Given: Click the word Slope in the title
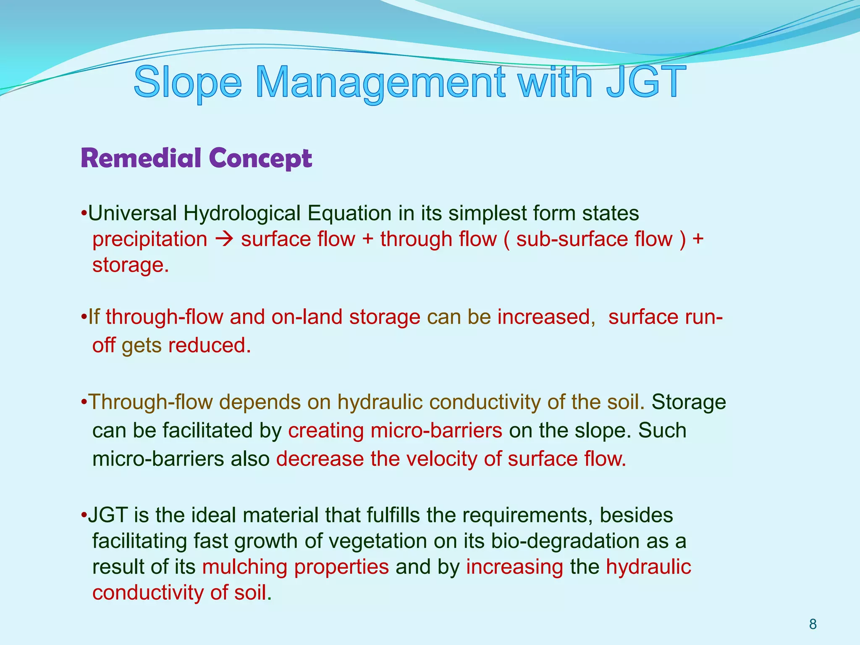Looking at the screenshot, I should [188, 82].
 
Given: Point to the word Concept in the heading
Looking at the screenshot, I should [260, 159].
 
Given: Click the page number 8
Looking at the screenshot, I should [813, 624].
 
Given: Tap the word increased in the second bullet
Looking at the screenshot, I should [544, 317].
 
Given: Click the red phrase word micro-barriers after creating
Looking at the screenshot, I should [436, 430].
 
